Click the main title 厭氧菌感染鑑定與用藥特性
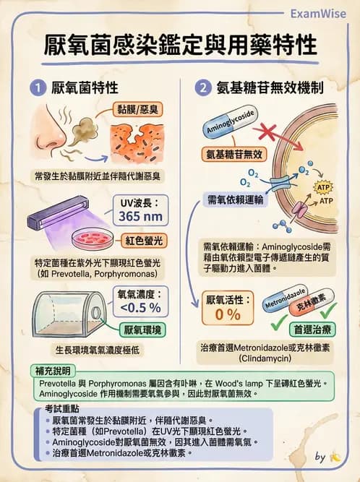[x=180, y=44]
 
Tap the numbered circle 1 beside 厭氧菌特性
[x=37, y=89]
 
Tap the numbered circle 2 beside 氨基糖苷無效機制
[x=202, y=89]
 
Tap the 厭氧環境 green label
[x=142, y=330]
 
